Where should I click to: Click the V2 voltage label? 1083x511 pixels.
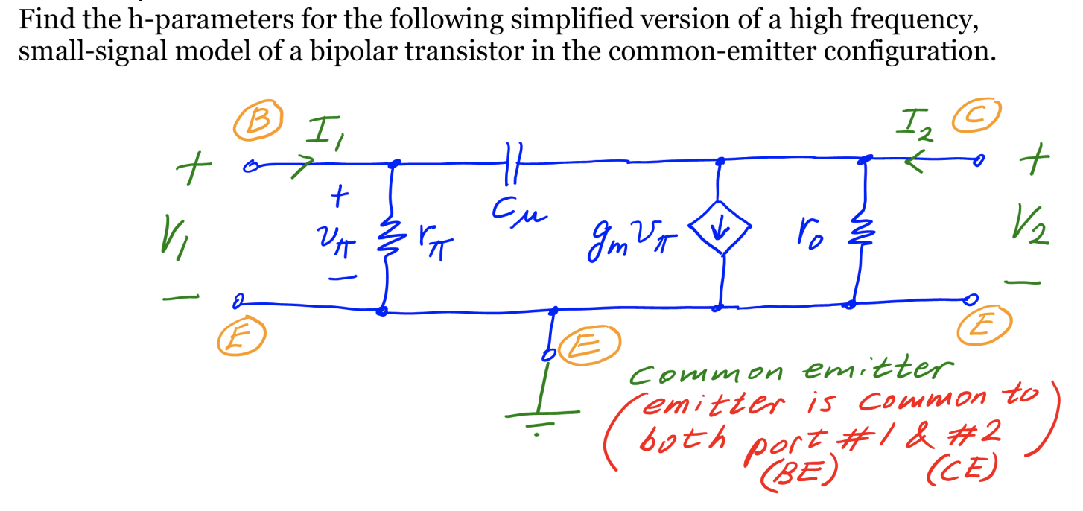coord(1032,228)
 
